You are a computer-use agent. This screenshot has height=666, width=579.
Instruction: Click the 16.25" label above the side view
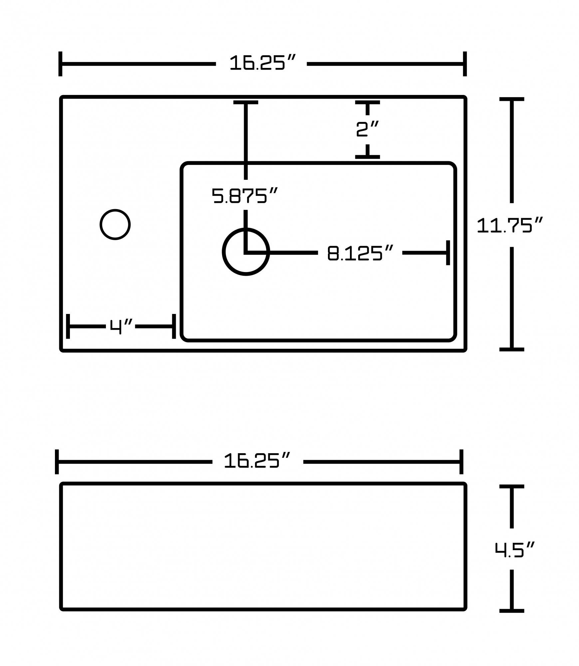pyautogui.click(x=257, y=461)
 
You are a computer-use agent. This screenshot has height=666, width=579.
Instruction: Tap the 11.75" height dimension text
pyautogui.click(x=509, y=225)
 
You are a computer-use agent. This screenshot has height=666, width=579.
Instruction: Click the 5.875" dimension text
pyautogui.click(x=245, y=196)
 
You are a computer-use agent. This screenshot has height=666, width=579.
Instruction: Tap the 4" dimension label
pyautogui.click(x=121, y=326)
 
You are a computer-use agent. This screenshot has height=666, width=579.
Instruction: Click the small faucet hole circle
pyautogui.click(x=115, y=224)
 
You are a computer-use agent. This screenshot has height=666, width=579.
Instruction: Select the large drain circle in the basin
pyautogui.click(x=246, y=252)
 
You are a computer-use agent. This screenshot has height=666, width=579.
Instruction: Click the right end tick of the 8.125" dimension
pyautogui.click(x=448, y=253)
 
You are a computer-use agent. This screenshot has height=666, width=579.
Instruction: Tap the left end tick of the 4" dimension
pyautogui.click(x=68, y=326)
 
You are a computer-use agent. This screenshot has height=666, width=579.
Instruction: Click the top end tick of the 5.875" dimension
pyautogui.click(x=246, y=102)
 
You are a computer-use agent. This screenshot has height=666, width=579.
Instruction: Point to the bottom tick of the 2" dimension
pyautogui.click(x=367, y=157)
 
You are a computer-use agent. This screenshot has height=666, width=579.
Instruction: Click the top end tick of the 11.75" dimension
pyautogui.click(x=511, y=99)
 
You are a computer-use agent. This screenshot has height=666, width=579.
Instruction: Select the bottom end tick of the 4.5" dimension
pyautogui.click(x=511, y=611)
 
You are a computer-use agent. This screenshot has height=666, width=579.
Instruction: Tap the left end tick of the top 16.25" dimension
pyautogui.click(x=60, y=64)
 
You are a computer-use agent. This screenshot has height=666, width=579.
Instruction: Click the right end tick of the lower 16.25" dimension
pyautogui.click(x=461, y=462)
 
